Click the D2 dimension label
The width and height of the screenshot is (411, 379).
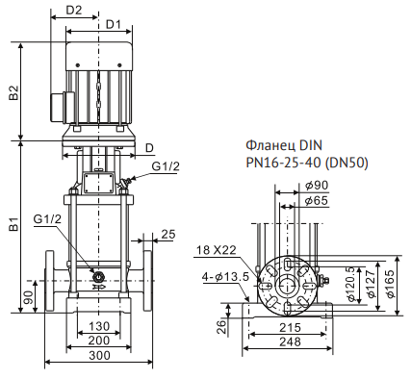coord(74,10)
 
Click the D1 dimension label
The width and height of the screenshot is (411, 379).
coord(114,24)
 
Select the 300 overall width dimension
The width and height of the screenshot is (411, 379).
coord(99,355)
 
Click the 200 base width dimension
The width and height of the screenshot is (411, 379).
coord(99,341)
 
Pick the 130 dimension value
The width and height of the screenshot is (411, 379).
coord(99,326)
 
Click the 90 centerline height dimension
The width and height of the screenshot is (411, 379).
coord(28,298)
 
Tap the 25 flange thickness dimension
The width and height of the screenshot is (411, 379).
coord(168,235)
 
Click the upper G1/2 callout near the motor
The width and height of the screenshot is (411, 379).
coord(166,166)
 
